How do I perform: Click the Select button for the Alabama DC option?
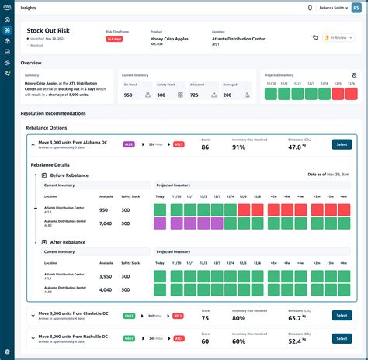pyautogui.click(x=342, y=144)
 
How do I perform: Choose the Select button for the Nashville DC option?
pyautogui.click(x=341, y=338)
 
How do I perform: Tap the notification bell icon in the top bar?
pyautogui.click(x=311, y=8)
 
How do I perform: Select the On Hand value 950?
pyautogui.click(x=128, y=95)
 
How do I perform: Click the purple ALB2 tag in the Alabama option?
pyautogui.click(x=128, y=144)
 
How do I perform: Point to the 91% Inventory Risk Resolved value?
pyautogui.click(x=239, y=147)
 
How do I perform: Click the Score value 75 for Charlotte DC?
pyautogui.click(x=205, y=318)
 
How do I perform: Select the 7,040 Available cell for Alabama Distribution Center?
pyautogui.click(x=106, y=223)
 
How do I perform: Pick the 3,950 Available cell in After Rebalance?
pyautogui.click(x=106, y=276)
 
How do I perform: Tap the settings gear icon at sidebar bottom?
pyautogui.click(x=7, y=351)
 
